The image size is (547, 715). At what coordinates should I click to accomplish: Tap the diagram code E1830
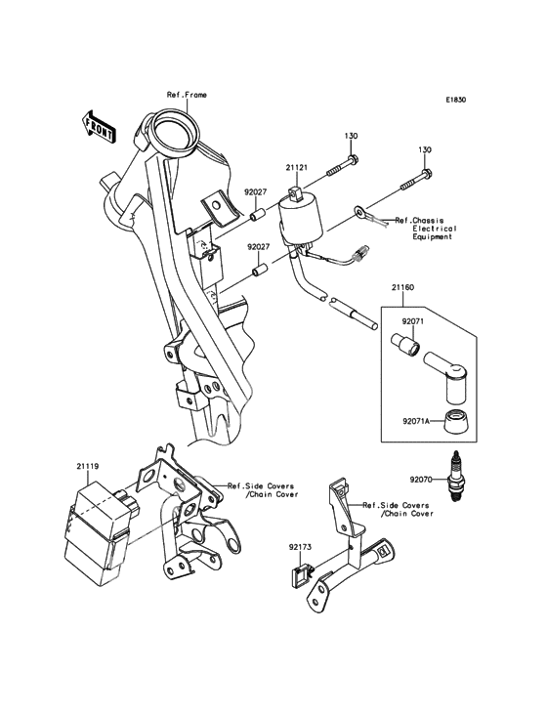[456, 100]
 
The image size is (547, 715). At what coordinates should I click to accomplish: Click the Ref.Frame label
[187, 95]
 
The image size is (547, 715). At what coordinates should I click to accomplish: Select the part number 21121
[297, 168]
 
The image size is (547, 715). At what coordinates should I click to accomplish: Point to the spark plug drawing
[454, 476]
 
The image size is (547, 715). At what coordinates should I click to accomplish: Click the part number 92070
[421, 480]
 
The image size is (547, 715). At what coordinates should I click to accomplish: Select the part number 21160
[404, 290]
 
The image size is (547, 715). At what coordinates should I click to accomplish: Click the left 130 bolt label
[351, 135]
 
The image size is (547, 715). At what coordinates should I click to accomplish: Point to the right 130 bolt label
[425, 150]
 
